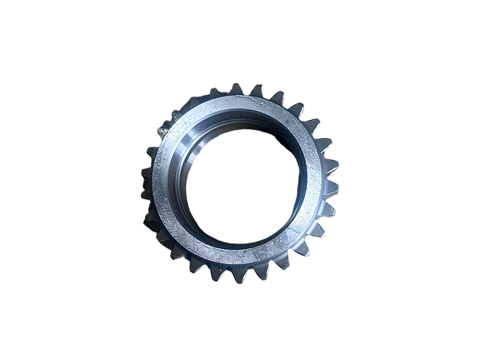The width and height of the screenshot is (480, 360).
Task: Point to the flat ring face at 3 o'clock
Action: click(313, 180)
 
